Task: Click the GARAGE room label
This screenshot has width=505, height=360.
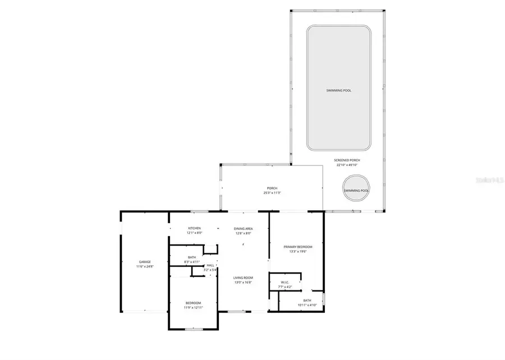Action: pyautogui.click(x=145, y=262)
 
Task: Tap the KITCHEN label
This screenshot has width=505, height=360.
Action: pyautogui.click(x=194, y=228)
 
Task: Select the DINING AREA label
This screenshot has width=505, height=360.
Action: pyautogui.click(x=243, y=228)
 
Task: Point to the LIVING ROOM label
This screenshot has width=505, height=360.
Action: pyautogui.click(x=243, y=278)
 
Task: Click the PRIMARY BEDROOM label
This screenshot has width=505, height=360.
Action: pyautogui.click(x=297, y=247)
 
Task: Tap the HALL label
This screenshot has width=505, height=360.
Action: pyautogui.click(x=210, y=265)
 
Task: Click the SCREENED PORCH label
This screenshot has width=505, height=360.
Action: pyautogui.click(x=348, y=160)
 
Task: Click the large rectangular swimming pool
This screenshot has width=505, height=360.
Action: pyautogui.click(x=339, y=90)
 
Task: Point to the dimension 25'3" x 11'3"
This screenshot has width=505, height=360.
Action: pyautogui.click(x=272, y=193)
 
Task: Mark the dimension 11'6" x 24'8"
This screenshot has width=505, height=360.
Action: pyautogui.click(x=145, y=267)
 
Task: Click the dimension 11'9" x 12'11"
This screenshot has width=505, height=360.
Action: pyautogui.click(x=193, y=308)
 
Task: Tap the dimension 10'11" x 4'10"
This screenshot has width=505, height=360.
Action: pyautogui.click(x=307, y=305)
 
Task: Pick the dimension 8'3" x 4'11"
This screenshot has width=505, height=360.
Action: pyautogui.click(x=192, y=262)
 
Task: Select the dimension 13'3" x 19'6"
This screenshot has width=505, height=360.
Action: pyautogui.click(x=297, y=252)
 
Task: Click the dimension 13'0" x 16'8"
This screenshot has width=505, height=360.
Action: pyautogui.click(x=243, y=283)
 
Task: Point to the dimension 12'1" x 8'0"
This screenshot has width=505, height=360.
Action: pyautogui.click(x=194, y=233)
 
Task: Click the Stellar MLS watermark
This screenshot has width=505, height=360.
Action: pyautogui.click(x=490, y=181)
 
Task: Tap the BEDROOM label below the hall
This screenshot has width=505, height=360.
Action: pyautogui.click(x=193, y=303)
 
